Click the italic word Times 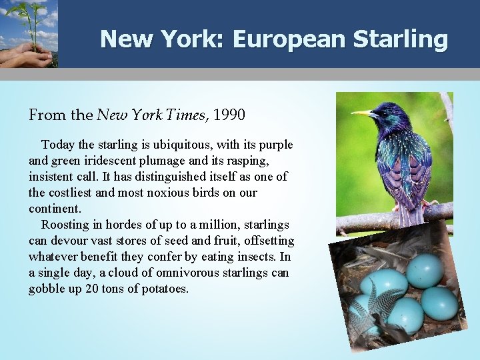(x=187, y=115)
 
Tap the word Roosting (x=65, y=225)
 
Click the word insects (x=261, y=257)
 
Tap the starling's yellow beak (x=363, y=114)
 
